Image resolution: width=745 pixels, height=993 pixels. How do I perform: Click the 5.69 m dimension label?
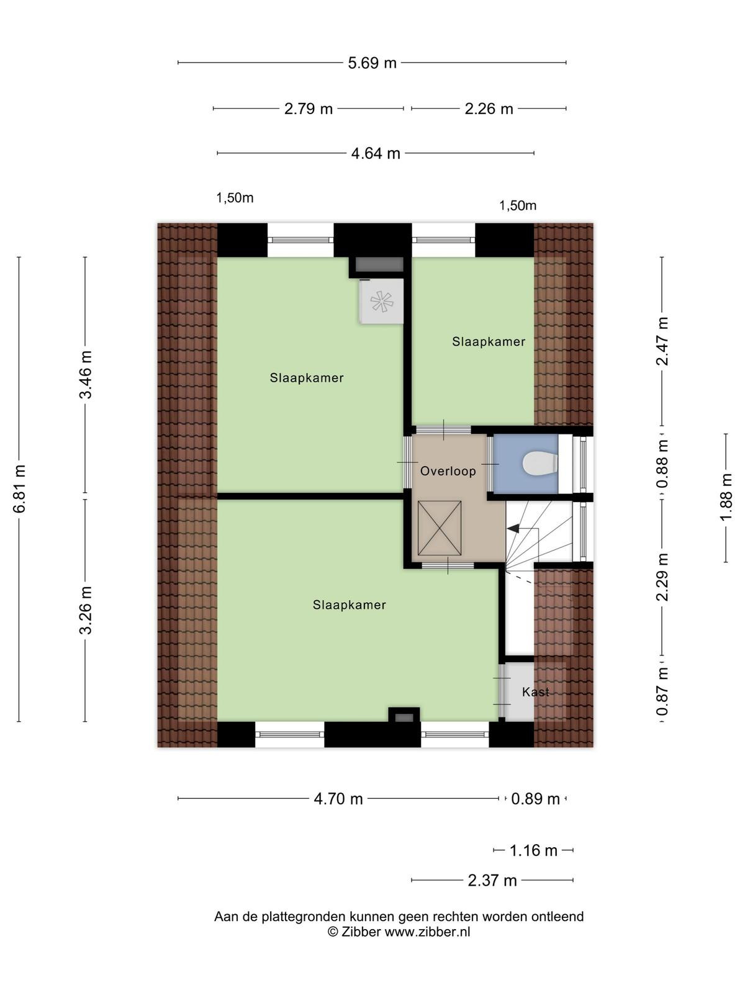coord(372,63)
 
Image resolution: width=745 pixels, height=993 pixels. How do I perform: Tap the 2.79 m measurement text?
coord(308,109)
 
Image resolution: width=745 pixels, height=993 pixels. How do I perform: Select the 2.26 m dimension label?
coord(489,109)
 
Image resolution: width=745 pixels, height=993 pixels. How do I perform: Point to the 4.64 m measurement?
coord(376,154)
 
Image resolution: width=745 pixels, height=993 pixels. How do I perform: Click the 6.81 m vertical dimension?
coord(19,488)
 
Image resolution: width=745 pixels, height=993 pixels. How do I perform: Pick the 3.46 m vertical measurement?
coord(86,374)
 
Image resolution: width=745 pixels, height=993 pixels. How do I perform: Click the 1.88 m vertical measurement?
coord(726,497)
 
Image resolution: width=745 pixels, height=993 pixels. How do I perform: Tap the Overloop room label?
coord(448,472)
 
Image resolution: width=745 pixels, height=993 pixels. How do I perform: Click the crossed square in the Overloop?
coord(439,528)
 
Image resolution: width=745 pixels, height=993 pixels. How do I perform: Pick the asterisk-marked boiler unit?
coord(381,301)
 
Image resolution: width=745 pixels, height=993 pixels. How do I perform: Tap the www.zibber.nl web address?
coord(427,932)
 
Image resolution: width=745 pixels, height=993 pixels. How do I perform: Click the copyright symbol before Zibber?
coord(333,932)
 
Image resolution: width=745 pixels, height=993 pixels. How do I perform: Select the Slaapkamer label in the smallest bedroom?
coord(489,341)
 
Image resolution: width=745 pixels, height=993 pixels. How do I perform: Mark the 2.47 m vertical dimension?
coord(662,341)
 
